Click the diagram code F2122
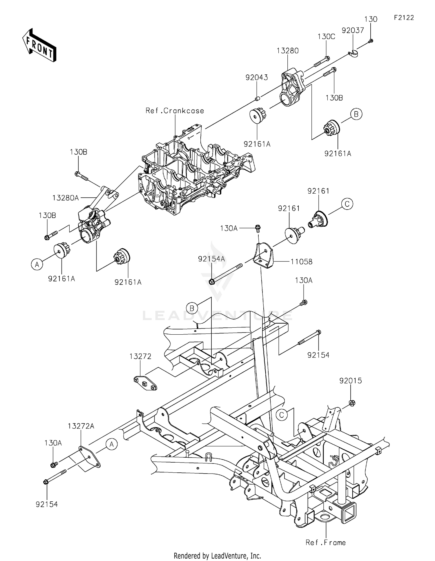pyautogui.click(x=404, y=18)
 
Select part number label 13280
pyautogui.click(x=287, y=51)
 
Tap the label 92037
pyautogui.click(x=353, y=30)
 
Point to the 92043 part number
pyautogui.click(x=257, y=78)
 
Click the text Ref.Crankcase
pyautogui.click(x=175, y=111)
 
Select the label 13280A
pyautogui.click(x=66, y=198)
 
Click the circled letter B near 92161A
pyautogui.click(x=356, y=114)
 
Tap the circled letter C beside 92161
pyautogui.click(x=347, y=204)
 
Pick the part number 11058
pyautogui.click(x=302, y=262)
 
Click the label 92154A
pyautogui.click(x=211, y=259)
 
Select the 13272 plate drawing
pyautogui.click(x=145, y=383)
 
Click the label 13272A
pyautogui.click(x=81, y=426)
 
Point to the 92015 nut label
pyautogui.click(x=351, y=381)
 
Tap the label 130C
pyautogui.click(x=326, y=37)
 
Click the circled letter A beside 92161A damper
pyautogui.click(x=37, y=264)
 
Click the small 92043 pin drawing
pyautogui.click(x=257, y=99)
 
